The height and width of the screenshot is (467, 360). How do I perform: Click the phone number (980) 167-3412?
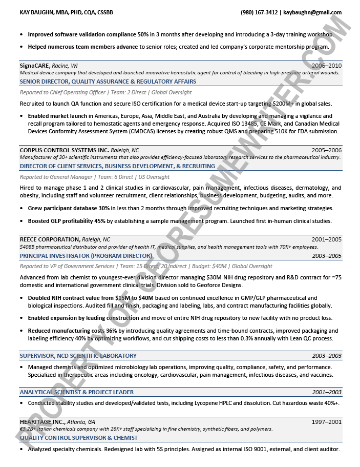(x=259, y=12)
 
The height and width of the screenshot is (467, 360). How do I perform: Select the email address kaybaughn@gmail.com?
(x=312, y=12)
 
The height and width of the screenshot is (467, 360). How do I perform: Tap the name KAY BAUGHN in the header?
(x=39, y=12)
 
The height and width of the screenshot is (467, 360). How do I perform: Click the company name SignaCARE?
(x=34, y=66)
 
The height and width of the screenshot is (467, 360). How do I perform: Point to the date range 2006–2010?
(x=326, y=66)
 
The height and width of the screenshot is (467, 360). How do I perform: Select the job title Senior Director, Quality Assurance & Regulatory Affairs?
(x=108, y=82)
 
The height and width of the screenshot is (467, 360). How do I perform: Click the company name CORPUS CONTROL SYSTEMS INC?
(x=64, y=150)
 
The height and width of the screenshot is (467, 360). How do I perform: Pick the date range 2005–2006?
(x=326, y=150)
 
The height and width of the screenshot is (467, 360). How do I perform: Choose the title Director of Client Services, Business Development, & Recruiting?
(x=117, y=166)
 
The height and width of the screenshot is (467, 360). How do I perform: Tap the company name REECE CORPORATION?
(x=50, y=239)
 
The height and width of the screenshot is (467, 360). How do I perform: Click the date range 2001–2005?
(x=326, y=239)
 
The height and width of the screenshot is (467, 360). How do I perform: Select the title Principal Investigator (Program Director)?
(x=86, y=255)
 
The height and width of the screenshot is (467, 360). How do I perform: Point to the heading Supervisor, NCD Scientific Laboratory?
(x=78, y=356)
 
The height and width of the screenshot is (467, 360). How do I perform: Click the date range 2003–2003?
(x=327, y=356)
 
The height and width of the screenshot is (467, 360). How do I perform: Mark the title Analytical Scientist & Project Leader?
(x=77, y=392)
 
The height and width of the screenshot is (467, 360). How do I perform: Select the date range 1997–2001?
(x=326, y=422)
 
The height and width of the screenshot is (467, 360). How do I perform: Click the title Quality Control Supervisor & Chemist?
(x=79, y=438)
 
